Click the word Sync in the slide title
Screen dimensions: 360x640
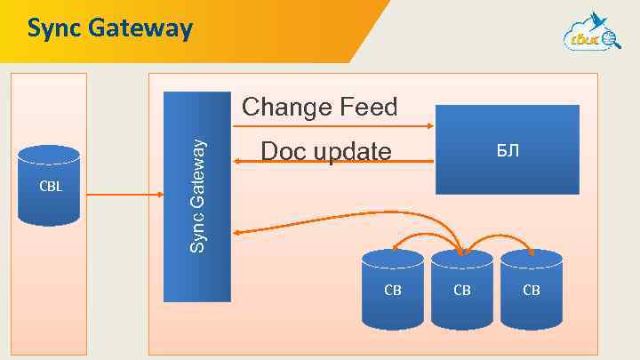53,28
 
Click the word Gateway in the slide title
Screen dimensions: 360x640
139,29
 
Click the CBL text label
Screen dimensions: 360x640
50,188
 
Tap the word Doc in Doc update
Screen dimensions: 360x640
284,153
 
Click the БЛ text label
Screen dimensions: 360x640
508,151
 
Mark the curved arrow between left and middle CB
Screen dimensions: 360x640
427,233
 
